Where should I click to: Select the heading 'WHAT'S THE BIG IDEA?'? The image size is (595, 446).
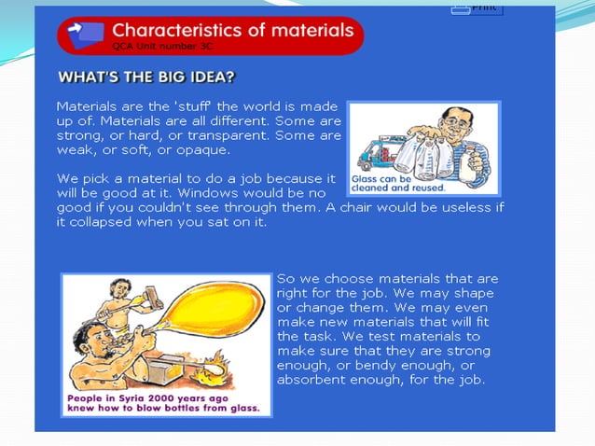pyautogui.click(x=146, y=77)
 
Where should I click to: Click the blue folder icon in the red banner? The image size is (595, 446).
pyautogui.click(x=89, y=33)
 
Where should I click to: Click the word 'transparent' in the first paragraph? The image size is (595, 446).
pyautogui.click(x=217, y=136)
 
